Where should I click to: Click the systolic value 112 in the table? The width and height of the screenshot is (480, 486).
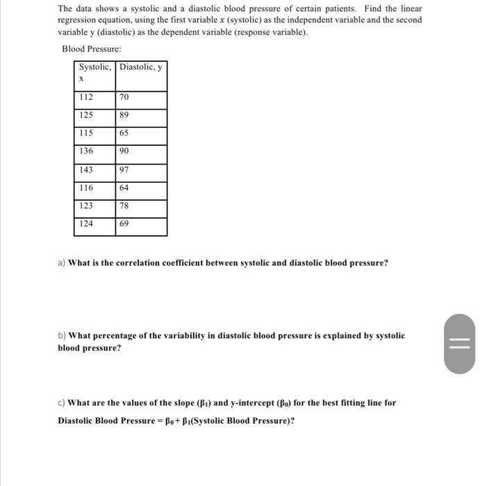(86, 97)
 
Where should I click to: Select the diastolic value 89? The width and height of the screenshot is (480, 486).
(124, 115)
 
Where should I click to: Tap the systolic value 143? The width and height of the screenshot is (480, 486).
(86, 169)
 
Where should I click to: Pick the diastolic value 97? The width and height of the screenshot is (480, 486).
(124, 169)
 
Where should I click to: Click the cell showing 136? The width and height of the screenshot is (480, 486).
(86, 151)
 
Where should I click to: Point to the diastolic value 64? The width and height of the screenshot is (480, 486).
(124, 187)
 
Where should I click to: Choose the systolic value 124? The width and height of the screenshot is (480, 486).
(86, 224)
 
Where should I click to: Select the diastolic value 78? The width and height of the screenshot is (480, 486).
(124, 206)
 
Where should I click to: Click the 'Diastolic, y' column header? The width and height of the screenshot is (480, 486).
(141, 67)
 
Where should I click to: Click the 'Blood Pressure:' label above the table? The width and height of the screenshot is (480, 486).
(92, 49)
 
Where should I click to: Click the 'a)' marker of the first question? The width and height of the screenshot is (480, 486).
(62, 263)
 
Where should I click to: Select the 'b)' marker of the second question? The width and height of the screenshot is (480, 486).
(62, 335)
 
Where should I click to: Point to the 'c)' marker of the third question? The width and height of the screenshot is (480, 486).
(62, 403)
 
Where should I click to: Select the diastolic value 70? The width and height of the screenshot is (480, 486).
(124, 97)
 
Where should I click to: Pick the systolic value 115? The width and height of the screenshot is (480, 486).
(86, 133)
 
